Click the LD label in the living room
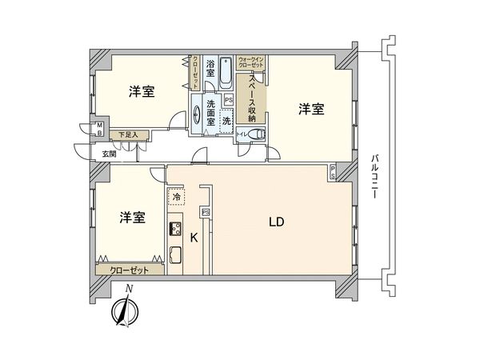[276, 222]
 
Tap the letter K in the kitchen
[193, 236]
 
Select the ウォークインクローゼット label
[254, 63]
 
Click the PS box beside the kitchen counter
[205, 212]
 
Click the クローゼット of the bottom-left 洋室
[129, 270]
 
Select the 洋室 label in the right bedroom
[313, 109]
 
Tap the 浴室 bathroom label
[209, 68]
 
